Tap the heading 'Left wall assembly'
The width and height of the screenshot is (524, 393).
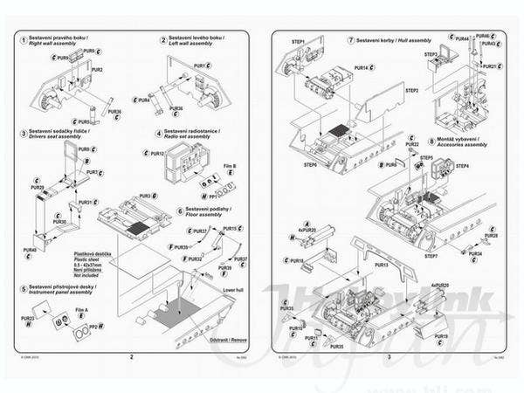click(193, 48)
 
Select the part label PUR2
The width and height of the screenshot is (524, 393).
click(97, 70)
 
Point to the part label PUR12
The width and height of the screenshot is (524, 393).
click(157, 153)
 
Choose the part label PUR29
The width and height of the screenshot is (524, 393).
click(37, 188)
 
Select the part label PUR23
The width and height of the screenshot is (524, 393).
click(27, 319)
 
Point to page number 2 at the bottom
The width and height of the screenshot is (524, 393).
click(130, 356)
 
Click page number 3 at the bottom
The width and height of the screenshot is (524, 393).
click(388, 356)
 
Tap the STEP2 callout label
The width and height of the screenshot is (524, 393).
click(411, 90)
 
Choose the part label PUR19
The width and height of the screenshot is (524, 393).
click(441, 335)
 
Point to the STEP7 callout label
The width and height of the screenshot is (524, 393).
click(431, 256)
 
